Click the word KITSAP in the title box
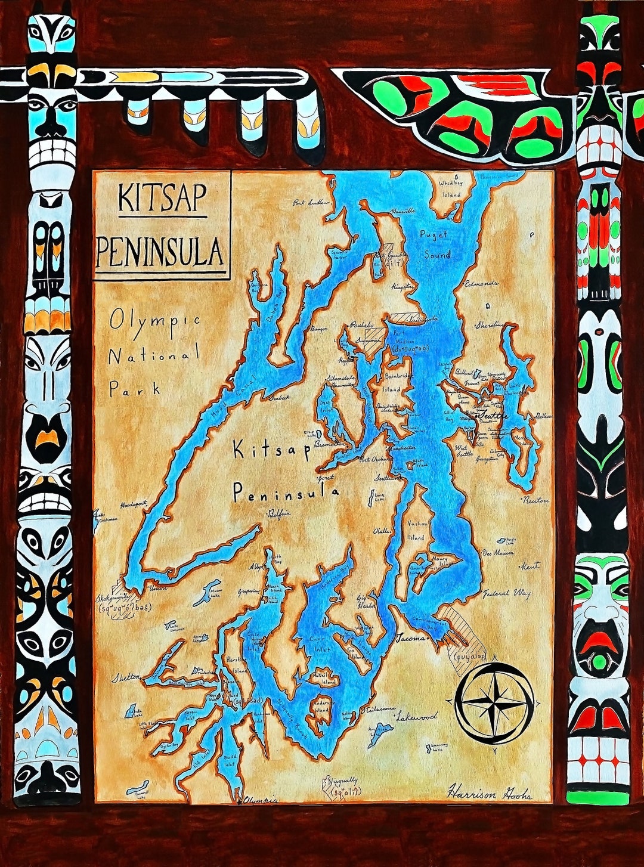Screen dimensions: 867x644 [162, 198]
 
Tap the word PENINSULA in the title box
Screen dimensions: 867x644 [160, 252]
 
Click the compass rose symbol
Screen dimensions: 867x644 [494, 703]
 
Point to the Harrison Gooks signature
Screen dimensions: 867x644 [490, 791]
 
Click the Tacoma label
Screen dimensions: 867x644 [411, 637]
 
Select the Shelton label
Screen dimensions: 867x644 [126, 677]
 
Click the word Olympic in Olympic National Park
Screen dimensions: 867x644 [154, 321]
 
